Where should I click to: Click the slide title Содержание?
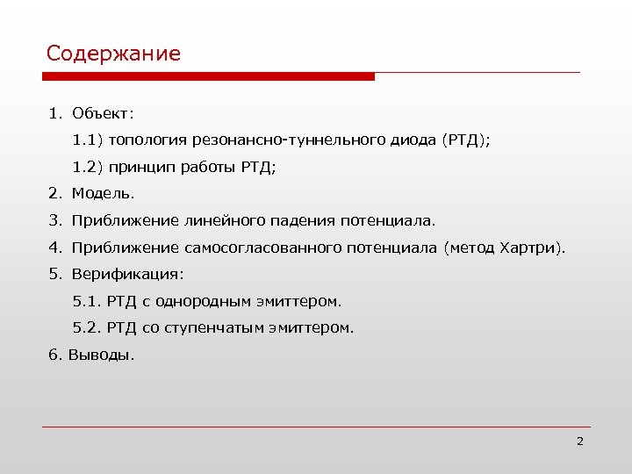(x=113, y=54)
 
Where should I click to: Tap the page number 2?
(x=579, y=441)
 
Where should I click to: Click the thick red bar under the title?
(x=211, y=77)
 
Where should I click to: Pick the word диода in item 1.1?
(x=413, y=140)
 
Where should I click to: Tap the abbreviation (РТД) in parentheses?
(x=465, y=140)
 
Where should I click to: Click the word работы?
(x=207, y=167)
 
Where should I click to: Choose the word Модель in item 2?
(x=103, y=193)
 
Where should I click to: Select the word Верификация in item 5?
(x=128, y=274)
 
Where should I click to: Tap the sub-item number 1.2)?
(x=88, y=167)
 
